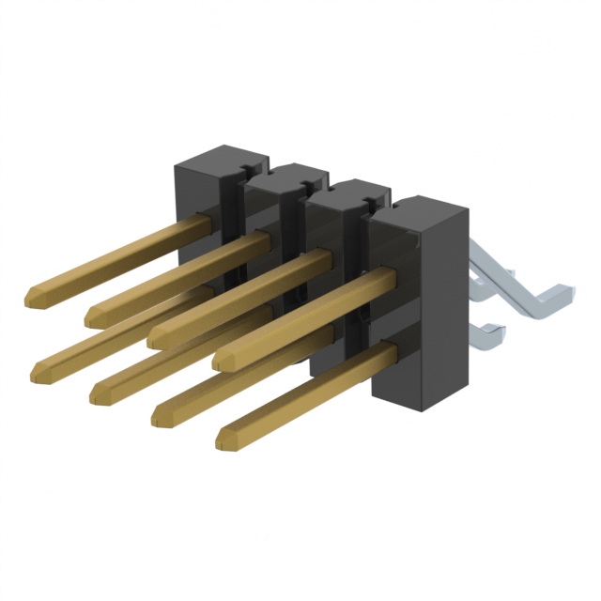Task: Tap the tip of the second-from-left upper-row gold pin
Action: [x=92, y=317]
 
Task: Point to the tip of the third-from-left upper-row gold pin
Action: [x=156, y=336]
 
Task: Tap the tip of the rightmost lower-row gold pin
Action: [x=223, y=439]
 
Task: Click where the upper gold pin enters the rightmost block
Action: [x=385, y=274]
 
